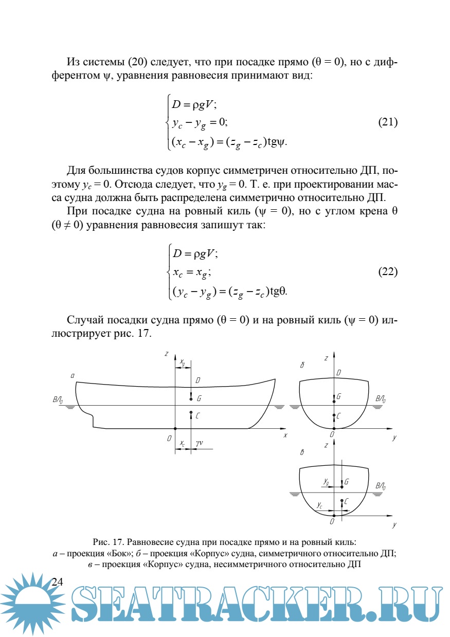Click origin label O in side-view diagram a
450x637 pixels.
click(x=169, y=438)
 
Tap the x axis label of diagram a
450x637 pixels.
click(x=284, y=435)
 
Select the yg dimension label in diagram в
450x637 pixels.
click(x=326, y=481)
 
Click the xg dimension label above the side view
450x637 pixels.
click(x=183, y=362)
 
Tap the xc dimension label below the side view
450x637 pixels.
click(x=183, y=443)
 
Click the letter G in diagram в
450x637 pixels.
click(x=347, y=482)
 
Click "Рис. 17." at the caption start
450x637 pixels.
click(x=108, y=542)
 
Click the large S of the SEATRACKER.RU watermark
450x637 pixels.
click(x=90, y=605)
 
